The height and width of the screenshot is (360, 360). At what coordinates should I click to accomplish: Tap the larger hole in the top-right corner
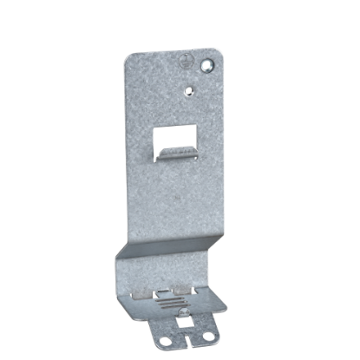pos(206,65)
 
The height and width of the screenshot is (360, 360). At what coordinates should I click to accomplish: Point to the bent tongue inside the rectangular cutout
pos(173,154)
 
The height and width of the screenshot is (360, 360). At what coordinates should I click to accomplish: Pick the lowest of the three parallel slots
pos(169,307)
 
